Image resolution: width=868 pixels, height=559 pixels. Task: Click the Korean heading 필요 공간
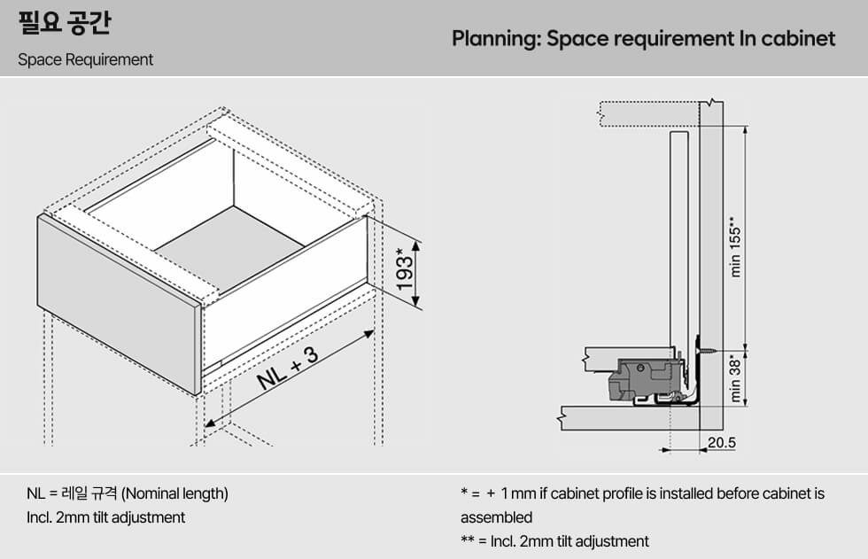point(65,24)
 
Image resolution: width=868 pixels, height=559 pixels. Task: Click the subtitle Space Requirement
point(85,59)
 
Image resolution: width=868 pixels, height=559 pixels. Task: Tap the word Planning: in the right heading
point(496,39)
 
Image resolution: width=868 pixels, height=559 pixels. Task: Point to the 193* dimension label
point(404,268)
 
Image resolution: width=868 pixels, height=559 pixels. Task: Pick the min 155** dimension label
point(735,246)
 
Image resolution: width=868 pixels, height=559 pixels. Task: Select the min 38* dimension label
point(735,380)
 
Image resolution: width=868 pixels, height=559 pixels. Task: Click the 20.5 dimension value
point(722,443)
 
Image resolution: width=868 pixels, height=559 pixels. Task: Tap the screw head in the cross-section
point(699,350)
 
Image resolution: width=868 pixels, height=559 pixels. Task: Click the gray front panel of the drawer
point(118,304)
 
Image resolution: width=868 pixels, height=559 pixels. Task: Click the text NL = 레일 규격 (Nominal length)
point(128,493)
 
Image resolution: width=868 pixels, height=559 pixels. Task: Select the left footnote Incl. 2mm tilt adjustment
point(105,517)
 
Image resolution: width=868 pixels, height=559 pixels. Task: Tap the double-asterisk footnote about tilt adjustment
point(554,541)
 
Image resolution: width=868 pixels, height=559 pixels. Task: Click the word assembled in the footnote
point(497,518)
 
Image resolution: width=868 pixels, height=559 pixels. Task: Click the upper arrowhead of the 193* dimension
point(416,247)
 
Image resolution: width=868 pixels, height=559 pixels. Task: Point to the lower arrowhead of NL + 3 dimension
point(211,423)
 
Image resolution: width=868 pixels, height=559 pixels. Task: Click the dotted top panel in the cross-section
point(648,114)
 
